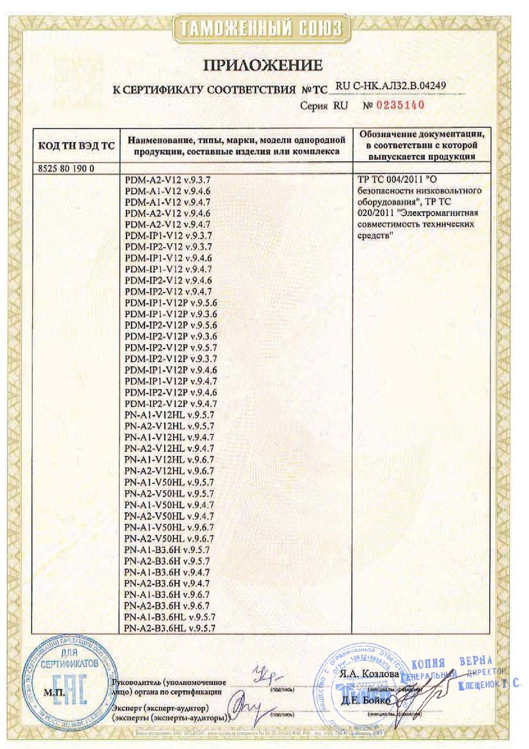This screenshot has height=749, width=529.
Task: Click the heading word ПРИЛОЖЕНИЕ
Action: point(263,65)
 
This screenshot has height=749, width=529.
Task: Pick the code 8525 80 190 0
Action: point(62,168)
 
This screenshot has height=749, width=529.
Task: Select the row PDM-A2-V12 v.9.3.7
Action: point(169,181)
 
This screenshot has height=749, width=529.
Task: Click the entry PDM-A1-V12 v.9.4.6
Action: point(169,192)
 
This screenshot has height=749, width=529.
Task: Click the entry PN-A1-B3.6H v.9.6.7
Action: point(168,594)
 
